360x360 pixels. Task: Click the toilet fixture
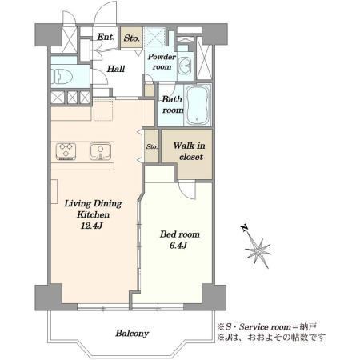click(x=62, y=77)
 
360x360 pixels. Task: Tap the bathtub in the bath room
click(x=198, y=106)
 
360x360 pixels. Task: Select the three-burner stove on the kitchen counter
click(x=66, y=151)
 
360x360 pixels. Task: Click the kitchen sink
click(x=101, y=152)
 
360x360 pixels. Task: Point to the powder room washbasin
click(x=185, y=66)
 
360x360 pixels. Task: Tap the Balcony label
click(x=132, y=334)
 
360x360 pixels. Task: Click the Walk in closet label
click(x=190, y=151)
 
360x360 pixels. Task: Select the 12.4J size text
click(x=92, y=226)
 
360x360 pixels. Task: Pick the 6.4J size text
click(x=178, y=246)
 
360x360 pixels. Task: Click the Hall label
click(x=116, y=69)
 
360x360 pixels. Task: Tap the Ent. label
click(x=106, y=37)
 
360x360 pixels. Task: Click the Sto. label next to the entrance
click(x=132, y=38)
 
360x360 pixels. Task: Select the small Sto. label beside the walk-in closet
click(x=152, y=146)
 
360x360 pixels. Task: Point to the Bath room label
click(x=173, y=105)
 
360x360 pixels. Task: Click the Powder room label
click(x=162, y=62)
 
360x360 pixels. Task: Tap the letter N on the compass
click(x=244, y=228)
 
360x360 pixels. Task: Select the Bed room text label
click(x=180, y=234)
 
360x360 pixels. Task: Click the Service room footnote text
click(x=267, y=326)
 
